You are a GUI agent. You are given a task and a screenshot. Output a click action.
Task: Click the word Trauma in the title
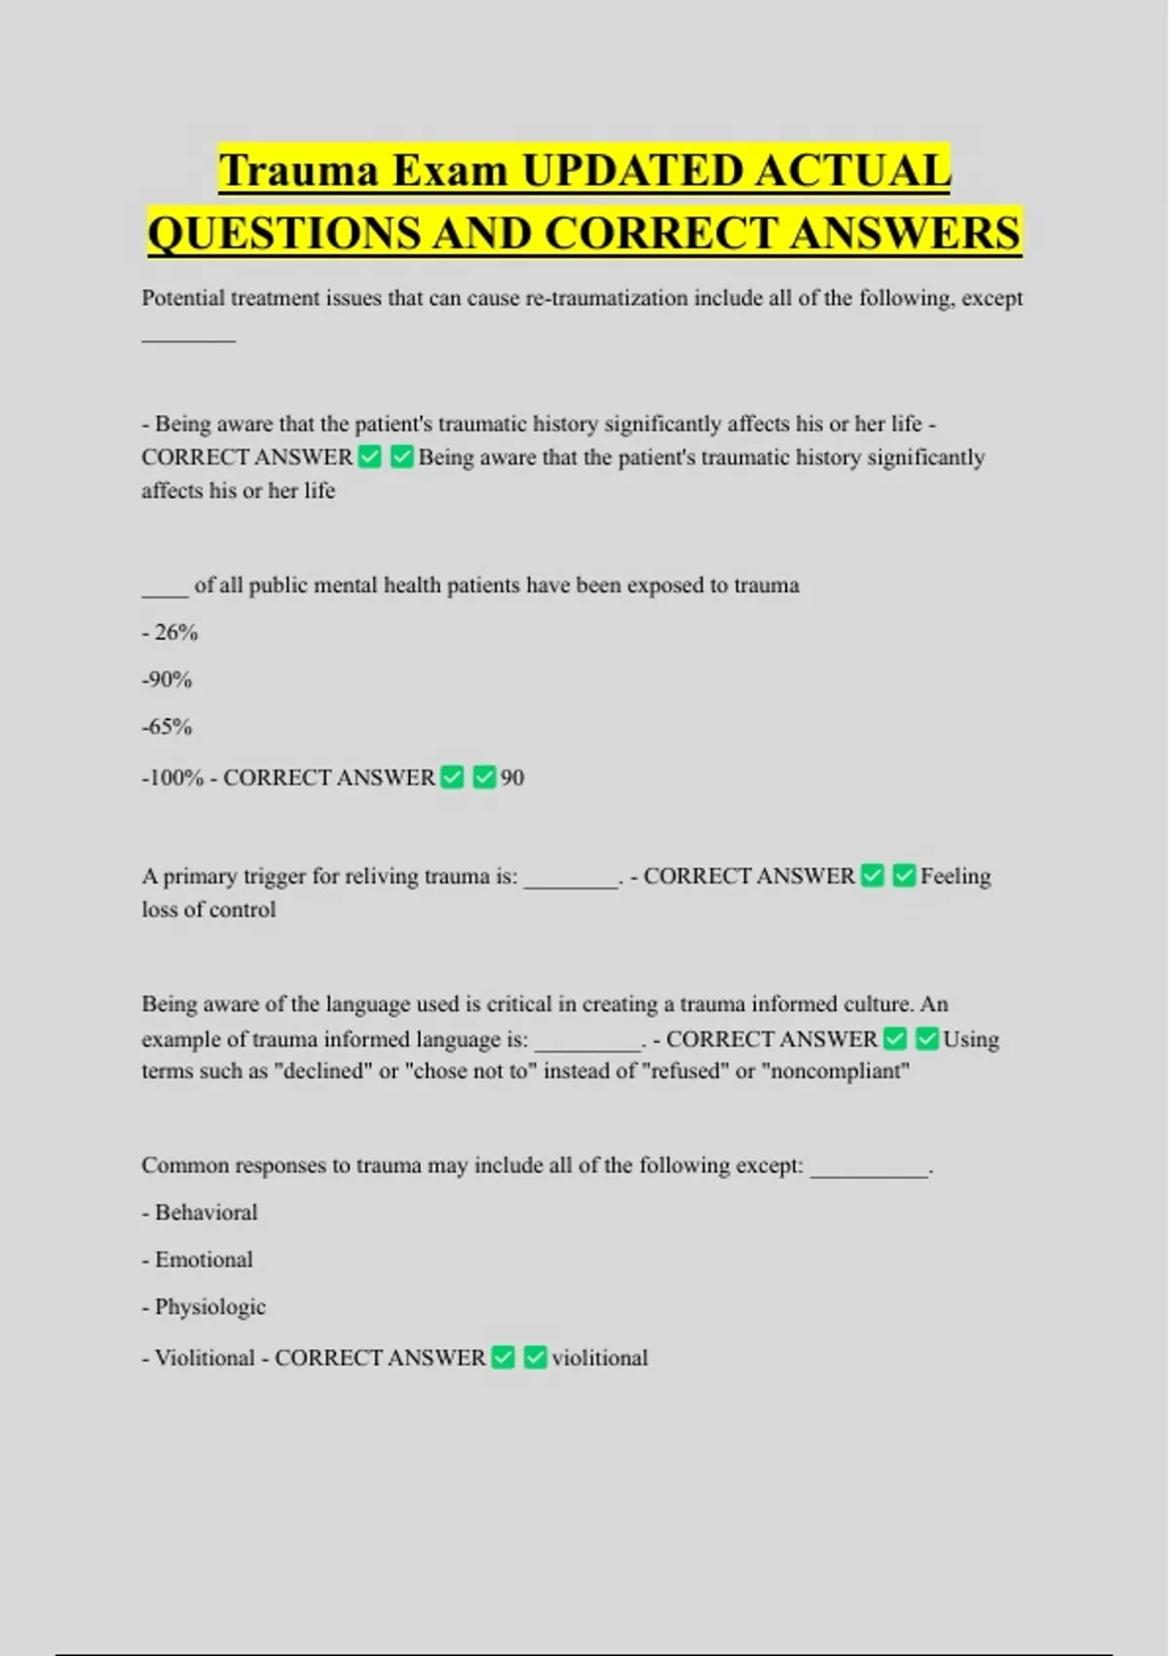point(298,170)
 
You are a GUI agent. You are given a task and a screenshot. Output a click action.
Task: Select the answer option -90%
point(167,679)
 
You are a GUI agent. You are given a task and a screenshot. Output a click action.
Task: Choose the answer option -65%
point(167,727)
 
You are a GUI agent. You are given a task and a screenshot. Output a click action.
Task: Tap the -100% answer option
point(172,777)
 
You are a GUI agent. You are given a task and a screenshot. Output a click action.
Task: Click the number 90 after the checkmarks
point(512,777)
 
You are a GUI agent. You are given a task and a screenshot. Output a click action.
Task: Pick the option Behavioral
point(206,1213)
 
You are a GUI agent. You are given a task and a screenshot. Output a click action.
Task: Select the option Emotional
point(204,1260)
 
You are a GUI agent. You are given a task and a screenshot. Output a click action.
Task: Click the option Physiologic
point(209,1307)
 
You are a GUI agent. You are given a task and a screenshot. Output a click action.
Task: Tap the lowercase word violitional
point(599,1358)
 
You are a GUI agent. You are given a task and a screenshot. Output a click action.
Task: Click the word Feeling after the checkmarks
point(955,877)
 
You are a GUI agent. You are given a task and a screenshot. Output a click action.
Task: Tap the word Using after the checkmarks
point(970,1039)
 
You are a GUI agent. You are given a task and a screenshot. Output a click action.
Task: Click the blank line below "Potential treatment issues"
point(188,339)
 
